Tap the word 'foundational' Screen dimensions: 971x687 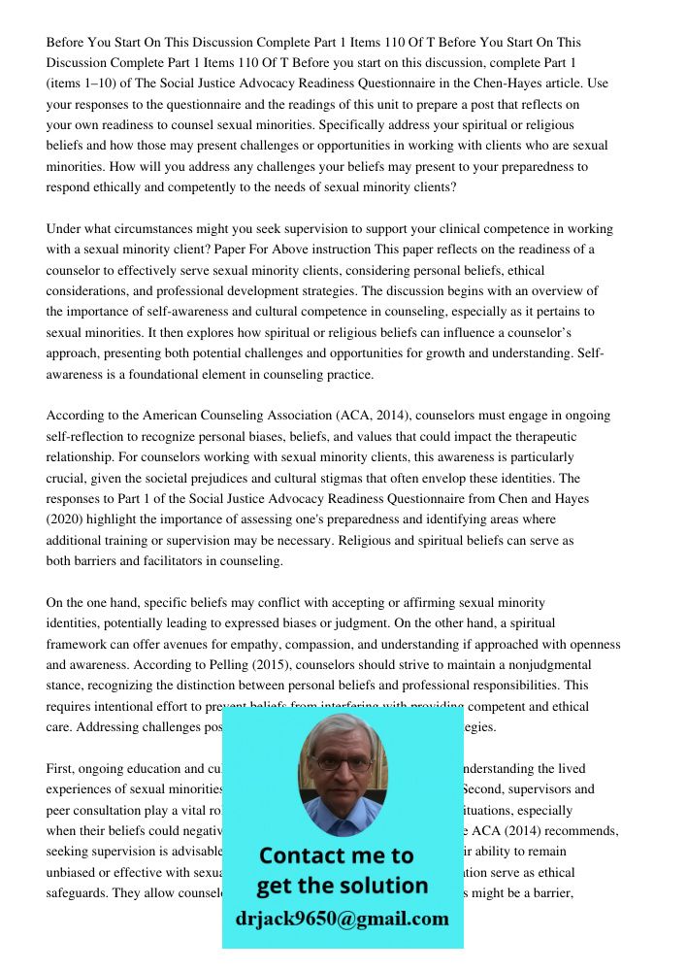click(x=176, y=374)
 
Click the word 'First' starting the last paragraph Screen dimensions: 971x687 click(x=61, y=769)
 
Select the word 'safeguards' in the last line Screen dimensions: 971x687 click(x=83, y=892)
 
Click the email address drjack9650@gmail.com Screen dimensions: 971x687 click(x=342, y=919)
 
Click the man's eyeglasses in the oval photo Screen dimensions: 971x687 click(x=344, y=764)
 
